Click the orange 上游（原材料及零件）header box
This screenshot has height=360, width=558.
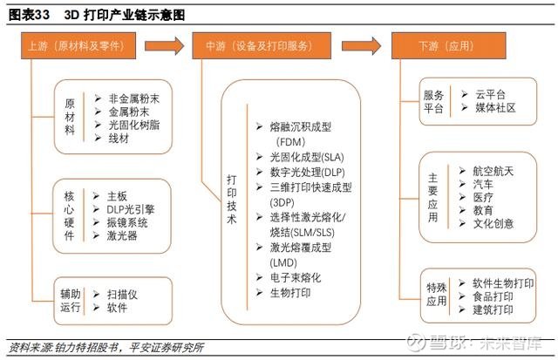tap(78, 45)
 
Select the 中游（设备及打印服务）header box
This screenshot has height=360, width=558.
tap(262, 45)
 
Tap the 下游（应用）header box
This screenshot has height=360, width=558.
tap(449, 45)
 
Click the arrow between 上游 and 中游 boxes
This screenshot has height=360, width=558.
tap(165, 45)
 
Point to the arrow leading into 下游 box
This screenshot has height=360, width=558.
tap(362, 45)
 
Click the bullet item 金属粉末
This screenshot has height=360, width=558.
tap(128, 112)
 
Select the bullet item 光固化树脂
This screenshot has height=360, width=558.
tap(133, 125)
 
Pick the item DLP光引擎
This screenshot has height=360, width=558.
tap(131, 209)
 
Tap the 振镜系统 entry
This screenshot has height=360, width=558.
tap(127, 222)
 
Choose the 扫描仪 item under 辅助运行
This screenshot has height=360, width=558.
tap(122, 295)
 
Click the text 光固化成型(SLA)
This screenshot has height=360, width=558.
tap(307, 157)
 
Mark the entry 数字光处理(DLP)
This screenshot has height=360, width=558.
tap(308, 173)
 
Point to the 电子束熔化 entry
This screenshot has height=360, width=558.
tap(296, 277)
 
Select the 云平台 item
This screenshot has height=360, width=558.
tap(490, 94)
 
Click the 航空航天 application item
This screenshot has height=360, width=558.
tap(493, 171)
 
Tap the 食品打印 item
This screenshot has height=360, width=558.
tap(493, 296)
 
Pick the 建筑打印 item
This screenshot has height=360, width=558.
tap(493, 309)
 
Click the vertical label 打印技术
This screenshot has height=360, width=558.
tap(232, 200)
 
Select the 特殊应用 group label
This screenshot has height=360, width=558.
tap(436, 295)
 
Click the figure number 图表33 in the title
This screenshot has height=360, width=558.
tap(29, 15)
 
